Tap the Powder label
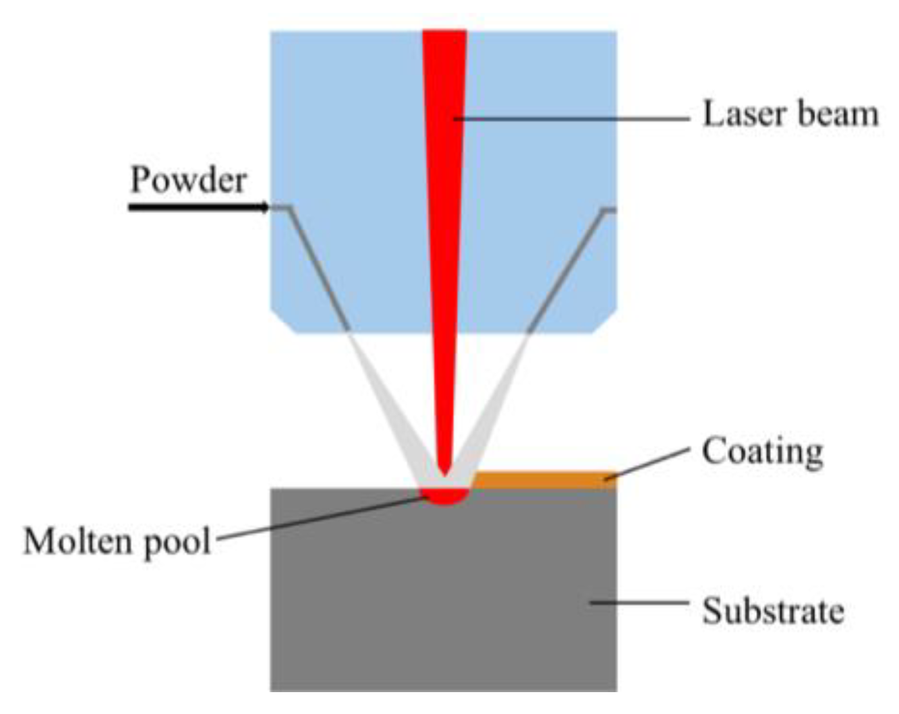[x=188, y=180]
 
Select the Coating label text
[x=762, y=452]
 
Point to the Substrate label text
[x=772, y=610]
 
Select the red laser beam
[x=445, y=193]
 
